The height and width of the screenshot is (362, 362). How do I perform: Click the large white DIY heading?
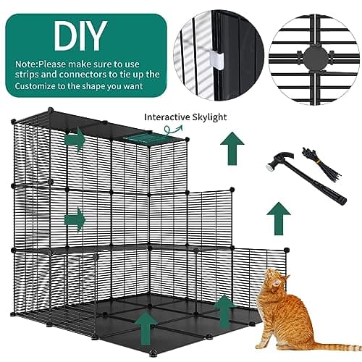pyautogui.click(x=80, y=35)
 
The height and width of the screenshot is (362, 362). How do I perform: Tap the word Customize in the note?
pyautogui.click(x=35, y=86)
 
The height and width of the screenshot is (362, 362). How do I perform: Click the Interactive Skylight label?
pyautogui.click(x=185, y=117)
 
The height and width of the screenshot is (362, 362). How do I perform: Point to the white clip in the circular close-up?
pyautogui.click(x=216, y=59)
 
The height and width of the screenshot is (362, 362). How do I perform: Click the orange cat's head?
pyautogui.click(x=276, y=280)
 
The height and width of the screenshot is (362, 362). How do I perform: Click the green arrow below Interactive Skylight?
pyautogui.click(x=232, y=148)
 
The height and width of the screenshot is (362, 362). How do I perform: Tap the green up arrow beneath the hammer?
pyautogui.click(x=279, y=219)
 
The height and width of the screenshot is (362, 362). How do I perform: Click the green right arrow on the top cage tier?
pyautogui.click(x=75, y=140)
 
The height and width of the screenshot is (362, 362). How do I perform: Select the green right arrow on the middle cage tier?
pyautogui.click(x=75, y=219)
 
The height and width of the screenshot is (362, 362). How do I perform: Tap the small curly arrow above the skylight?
pyautogui.click(x=172, y=129)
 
